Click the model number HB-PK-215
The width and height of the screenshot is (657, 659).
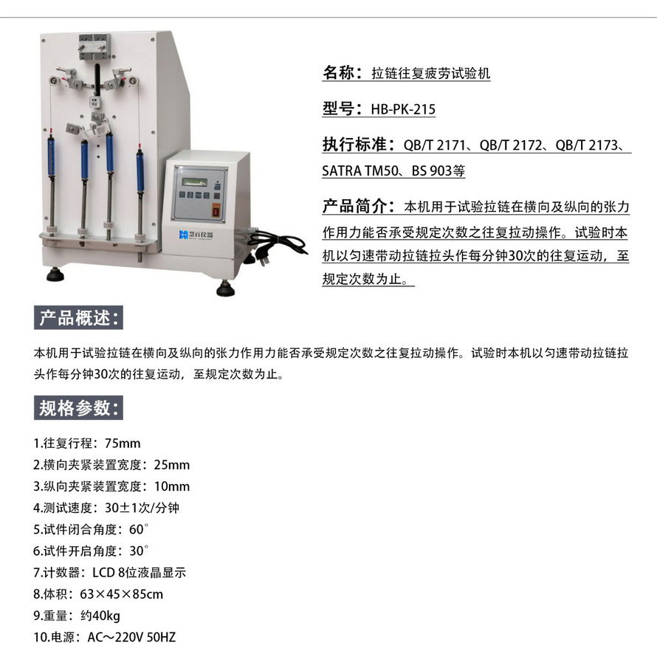[x=403, y=109]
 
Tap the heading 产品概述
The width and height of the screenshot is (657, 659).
[x=79, y=319]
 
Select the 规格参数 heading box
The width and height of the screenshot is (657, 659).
[x=79, y=407]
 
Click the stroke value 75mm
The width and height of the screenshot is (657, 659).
[x=123, y=444]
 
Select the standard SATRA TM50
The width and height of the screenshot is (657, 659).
[x=357, y=171]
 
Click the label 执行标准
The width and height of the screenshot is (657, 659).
[x=357, y=144]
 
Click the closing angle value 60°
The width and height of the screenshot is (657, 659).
[x=138, y=530]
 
